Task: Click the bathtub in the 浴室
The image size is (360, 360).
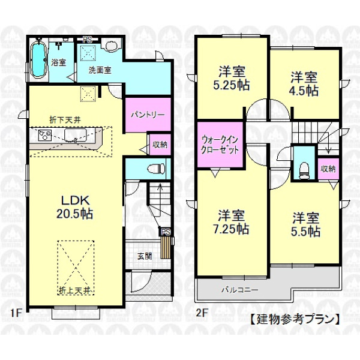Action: point(38,59)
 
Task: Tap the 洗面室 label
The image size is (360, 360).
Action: point(100,70)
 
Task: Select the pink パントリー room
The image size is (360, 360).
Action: point(148,115)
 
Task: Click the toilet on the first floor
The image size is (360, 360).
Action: point(156,169)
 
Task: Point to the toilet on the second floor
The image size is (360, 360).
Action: point(304,170)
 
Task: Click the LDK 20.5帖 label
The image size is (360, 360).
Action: point(75,208)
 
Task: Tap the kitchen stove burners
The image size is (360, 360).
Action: point(45,135)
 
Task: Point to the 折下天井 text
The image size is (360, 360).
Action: point(65,120)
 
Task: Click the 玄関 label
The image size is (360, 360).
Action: point(145,256)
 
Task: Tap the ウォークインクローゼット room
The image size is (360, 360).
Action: point(220,145)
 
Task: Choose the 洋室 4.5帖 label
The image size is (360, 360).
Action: point(304,84)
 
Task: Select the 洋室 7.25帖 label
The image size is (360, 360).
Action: point(231,222)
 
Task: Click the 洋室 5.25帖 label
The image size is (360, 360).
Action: point(232,78)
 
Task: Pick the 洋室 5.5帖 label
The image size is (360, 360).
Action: point(305,225)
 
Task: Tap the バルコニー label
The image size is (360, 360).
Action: point(240,290)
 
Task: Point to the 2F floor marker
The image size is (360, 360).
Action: point(202,313)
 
